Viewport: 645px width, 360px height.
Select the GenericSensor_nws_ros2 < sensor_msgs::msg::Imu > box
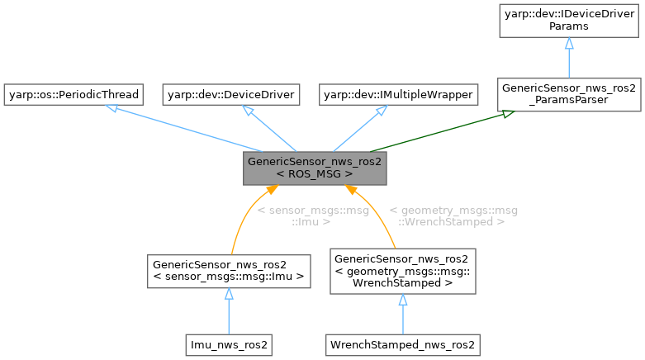[229, 271]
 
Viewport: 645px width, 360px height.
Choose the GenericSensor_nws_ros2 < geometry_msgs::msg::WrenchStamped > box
[402, 271]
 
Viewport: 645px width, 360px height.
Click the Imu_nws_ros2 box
[229, 342]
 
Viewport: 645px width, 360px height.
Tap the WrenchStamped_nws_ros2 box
[402, 342]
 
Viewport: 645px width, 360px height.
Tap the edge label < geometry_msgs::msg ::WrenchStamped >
[446, 216]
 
